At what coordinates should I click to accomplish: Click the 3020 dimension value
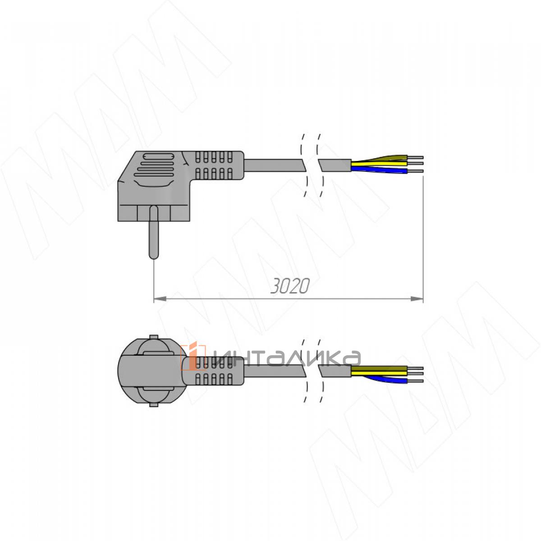pyautogui.click(x=290, y=286)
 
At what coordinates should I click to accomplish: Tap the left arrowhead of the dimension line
pyautogui.click(x=160, y=299)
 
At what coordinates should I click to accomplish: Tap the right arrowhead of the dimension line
pyautogui.click(x=417, y=299)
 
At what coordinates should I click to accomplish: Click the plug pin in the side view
pyautogui.click(x=154, y=232)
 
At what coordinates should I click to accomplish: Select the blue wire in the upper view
pyautogui.click(x=379, y=170)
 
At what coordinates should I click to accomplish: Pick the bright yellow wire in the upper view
pyautogui.click(x=379, y=163)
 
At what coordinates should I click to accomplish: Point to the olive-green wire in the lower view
pyautogui.click(x=379, y=368)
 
